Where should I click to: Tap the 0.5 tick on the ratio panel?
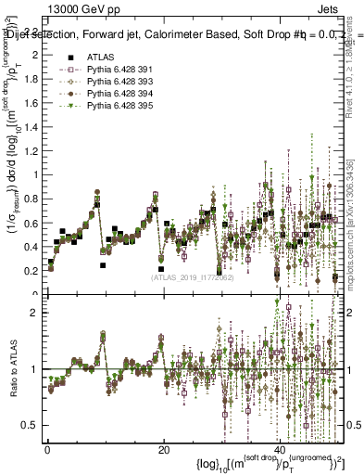[33, 425]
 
